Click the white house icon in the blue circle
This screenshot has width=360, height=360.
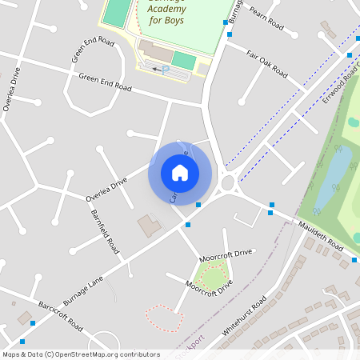coord(180,172)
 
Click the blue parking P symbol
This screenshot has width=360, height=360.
coord(166,70)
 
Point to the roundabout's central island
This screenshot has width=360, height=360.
coord(228,184)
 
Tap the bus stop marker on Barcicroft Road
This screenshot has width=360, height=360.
coord(33,322)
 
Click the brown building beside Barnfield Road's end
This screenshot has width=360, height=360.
coord(148,225)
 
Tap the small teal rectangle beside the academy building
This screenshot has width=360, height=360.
coord(184,61)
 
